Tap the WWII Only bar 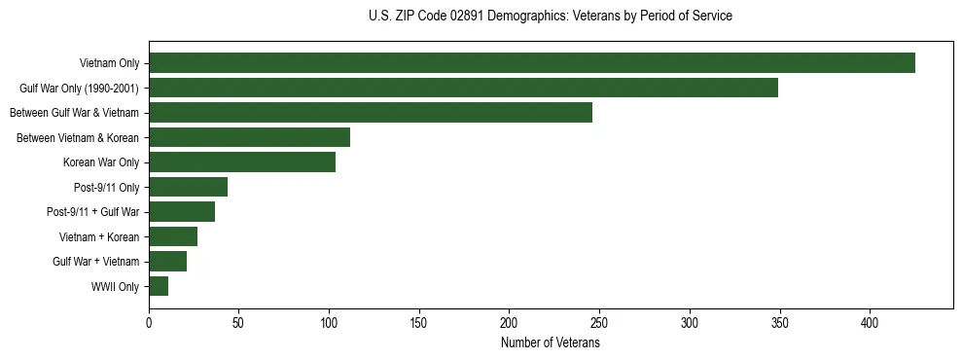(159, 286)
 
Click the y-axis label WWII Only (115, 287)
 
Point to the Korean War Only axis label (101, 162)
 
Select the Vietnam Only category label (109, 63)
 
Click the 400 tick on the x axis (870, 322)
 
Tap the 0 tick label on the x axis (149, 322)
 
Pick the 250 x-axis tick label (599, 322)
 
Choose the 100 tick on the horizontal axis (329, 322)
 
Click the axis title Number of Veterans (551, 342)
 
